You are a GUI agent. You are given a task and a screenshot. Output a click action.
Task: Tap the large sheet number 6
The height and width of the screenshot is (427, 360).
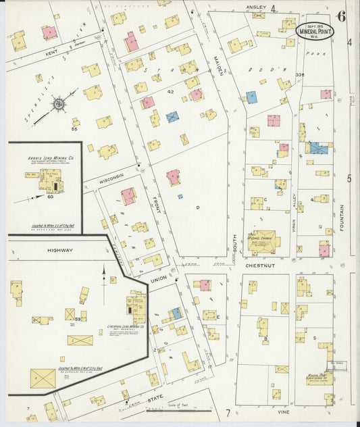[x=342, y=17]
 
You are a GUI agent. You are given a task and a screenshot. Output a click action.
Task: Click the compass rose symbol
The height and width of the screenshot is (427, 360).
[x=59, y=104]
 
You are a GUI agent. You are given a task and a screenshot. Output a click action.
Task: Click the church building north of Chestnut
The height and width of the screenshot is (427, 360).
[x=263, y=241]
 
